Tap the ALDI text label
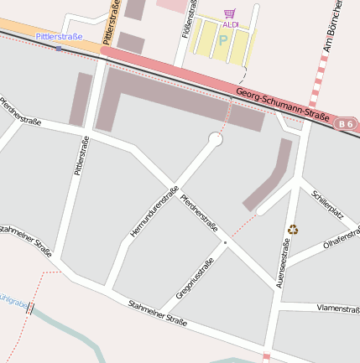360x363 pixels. coord(230,24)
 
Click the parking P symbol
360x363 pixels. coord(223,39)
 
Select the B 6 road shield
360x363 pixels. coord(346,124)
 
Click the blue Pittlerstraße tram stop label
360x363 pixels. coord(60,37)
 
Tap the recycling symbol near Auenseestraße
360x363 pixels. coord(293,229)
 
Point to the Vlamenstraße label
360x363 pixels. coord(338,309)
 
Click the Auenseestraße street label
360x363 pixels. coord(284,264)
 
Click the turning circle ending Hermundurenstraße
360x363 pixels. coord(216,139)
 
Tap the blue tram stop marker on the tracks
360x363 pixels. coord(59,49)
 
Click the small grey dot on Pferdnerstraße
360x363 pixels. coord(224,243)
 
